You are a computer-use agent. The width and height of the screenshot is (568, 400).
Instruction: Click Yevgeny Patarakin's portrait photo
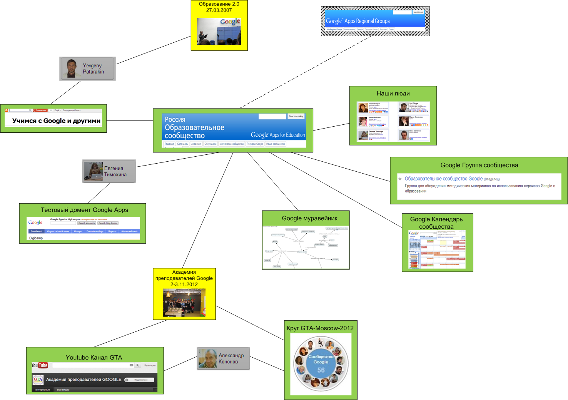pos(72,69)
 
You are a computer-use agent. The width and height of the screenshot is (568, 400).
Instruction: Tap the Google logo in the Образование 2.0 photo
pos(230,22)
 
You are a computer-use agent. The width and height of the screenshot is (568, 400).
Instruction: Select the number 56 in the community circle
pos(321,370)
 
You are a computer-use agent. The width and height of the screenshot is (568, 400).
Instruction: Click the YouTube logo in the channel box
pos(40,365)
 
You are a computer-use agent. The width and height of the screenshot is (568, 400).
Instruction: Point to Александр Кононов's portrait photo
pos(208,358)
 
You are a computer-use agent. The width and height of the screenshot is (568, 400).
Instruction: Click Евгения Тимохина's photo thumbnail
pos(94,171)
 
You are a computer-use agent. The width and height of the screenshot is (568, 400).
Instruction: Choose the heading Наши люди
pos(393,94)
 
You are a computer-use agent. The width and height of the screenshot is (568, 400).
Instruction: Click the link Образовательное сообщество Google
pos(443,179)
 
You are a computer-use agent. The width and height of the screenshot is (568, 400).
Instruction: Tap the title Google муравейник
pos(309,218)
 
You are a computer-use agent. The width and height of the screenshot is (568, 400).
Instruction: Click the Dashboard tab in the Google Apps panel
pos(37,231)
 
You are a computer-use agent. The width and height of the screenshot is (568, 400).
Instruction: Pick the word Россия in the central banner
pos(175,119)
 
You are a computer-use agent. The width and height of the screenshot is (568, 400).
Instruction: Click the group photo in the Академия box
pos(184,303)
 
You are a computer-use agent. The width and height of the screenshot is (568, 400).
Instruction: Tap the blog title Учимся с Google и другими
pos(56,121)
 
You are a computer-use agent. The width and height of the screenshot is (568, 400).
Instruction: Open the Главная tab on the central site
pos(169,144)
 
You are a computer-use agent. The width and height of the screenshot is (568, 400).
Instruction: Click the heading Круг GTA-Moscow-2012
pos(320,328)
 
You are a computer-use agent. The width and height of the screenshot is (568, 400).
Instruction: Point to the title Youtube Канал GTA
pos(94,357)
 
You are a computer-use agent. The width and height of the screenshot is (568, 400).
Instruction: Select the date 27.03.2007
pos(219,10)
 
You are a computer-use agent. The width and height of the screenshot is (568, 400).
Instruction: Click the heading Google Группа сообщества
pos(479,165)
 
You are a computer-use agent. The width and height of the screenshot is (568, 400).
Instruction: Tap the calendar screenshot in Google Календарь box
pos(437,249)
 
